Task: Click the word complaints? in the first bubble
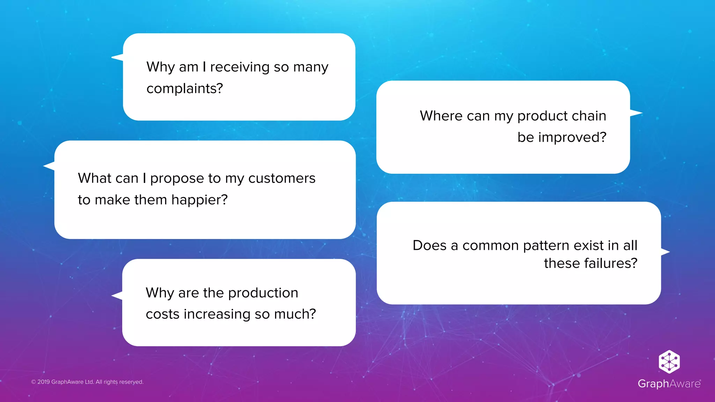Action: (185, 89)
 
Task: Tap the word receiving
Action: (239, 67)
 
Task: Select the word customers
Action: (282, 178)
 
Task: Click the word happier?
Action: (199, 200)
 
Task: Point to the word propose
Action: (177, 179)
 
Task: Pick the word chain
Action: (589, 116)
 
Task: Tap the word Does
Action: (429, 245)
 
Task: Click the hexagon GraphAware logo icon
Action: (669, 362)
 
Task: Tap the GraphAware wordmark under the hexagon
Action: (669, 384)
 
